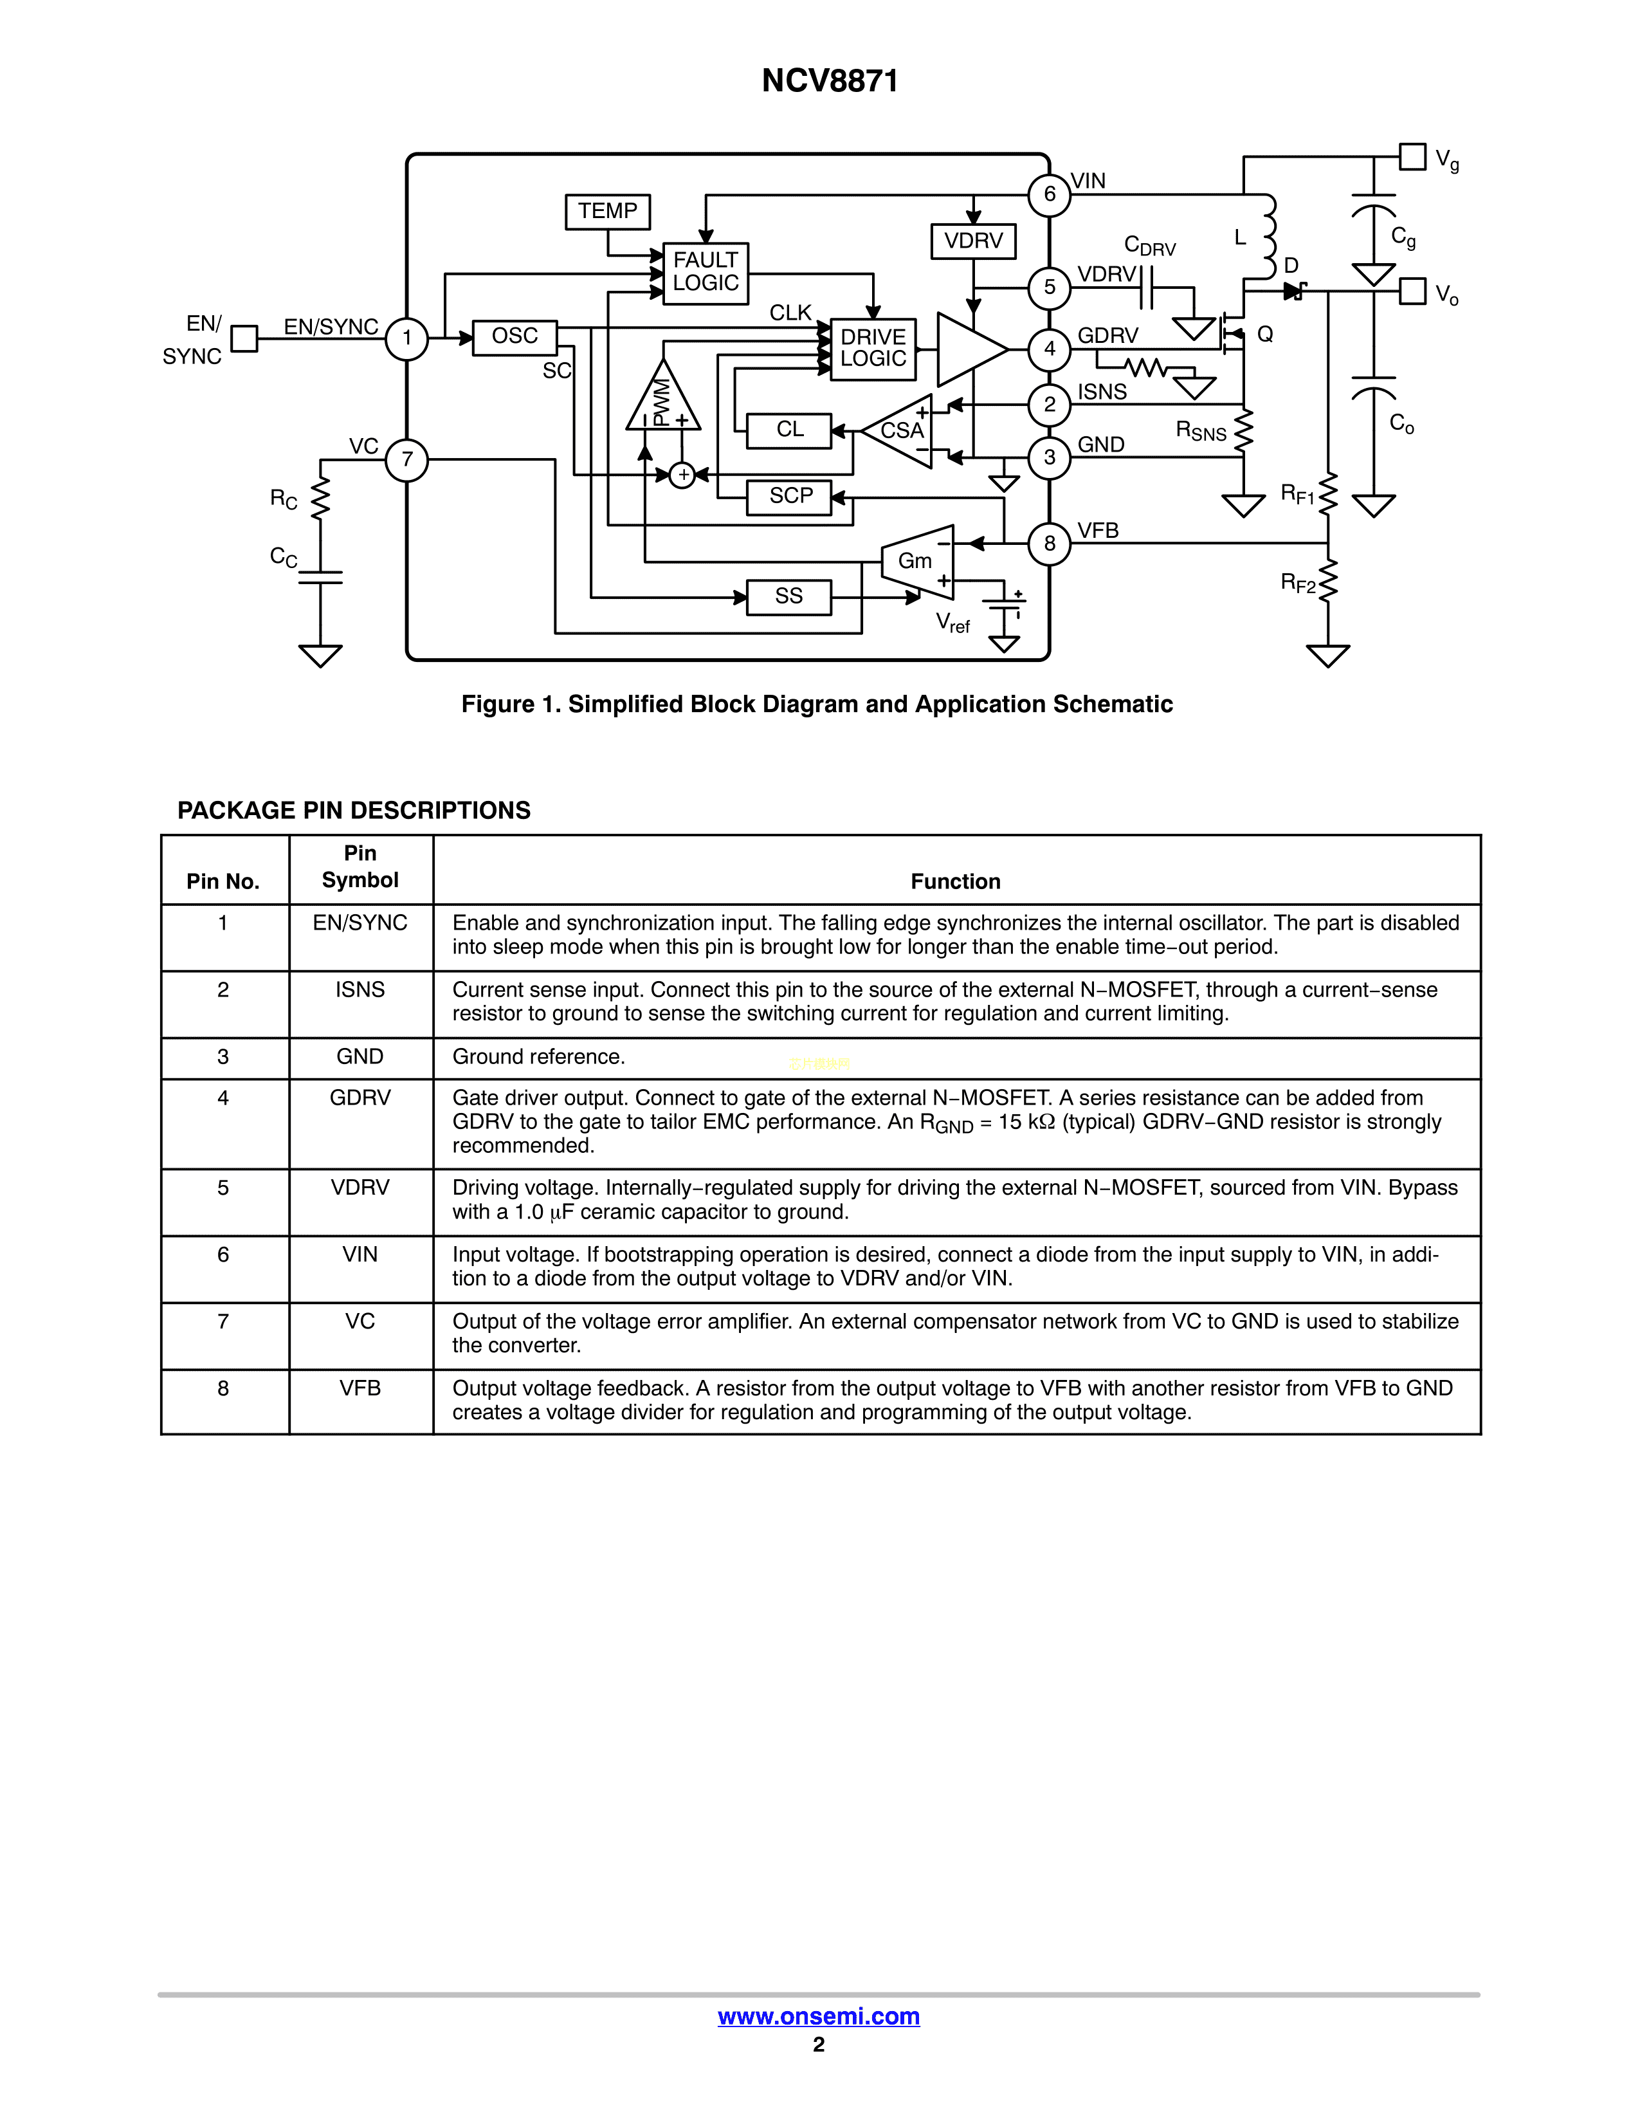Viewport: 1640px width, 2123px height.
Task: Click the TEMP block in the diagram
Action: pyautogui.click(x=607, y=211)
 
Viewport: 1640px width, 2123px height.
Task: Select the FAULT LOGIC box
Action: pyautogui.click(x=706, y=272)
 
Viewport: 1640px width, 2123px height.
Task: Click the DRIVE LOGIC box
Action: pyautogui.click(x=873, y=348)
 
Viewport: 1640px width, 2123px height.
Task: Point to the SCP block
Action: pyautogui.click(x=789, y=497)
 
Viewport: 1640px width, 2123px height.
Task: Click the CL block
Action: pyautogui.click(x=789, y=430)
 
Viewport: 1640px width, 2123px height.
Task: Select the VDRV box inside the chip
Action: pyautogui.click(x=972, y=240)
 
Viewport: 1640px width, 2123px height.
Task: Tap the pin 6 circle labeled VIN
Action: pyautogui.click(x=1050, y=194)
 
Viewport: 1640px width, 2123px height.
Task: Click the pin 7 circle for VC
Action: pyautogui.click(x=407, y=460)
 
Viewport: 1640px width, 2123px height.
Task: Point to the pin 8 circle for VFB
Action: pyautogui.click(x=1050, y=544)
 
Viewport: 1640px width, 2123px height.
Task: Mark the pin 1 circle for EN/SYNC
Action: pyautogui.click(x=407, y=338)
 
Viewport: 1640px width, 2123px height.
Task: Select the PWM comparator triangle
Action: pyautogui.click(x=662, y=400)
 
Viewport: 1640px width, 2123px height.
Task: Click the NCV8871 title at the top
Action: pyautogui.click(x=830, y=80)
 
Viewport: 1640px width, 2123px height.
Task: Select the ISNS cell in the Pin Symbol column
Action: pyautogui.click(x=360, y=989)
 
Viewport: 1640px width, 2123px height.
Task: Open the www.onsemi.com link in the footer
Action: pyautogui.click(x=818, y=2016)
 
